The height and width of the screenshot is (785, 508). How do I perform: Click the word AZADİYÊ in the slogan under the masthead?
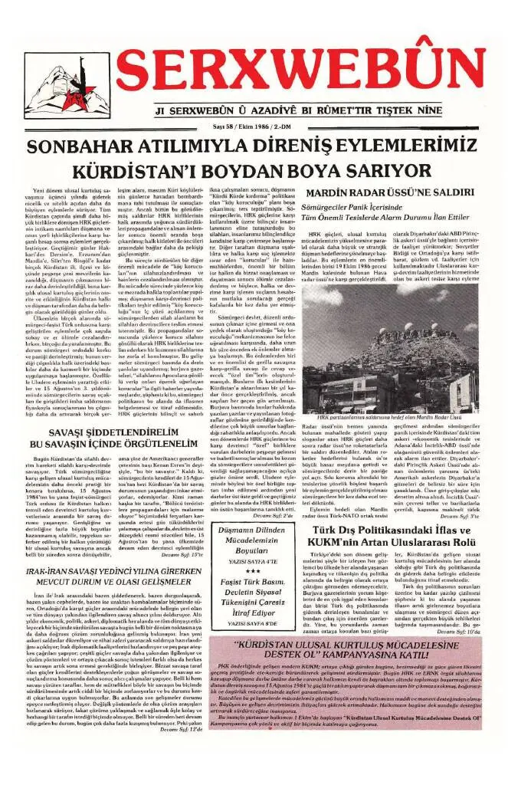tap(265, 110)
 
